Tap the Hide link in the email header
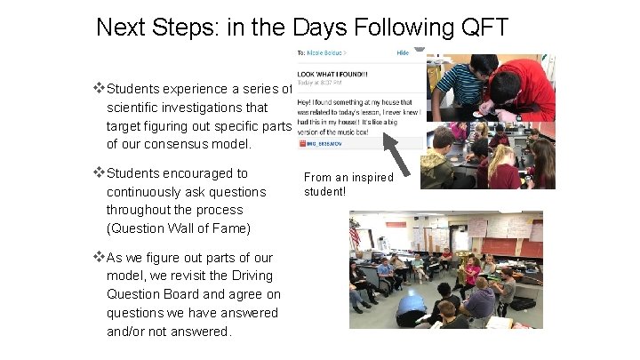403,53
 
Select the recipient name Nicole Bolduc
324,53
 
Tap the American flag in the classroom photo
356,235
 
